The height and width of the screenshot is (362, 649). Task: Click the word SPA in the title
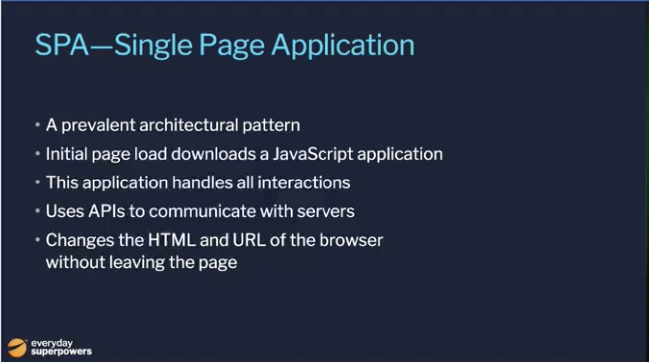click(62, 45)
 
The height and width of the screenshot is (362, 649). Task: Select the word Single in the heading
click(153, 46)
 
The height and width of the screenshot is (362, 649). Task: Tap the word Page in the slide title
click(232, 46)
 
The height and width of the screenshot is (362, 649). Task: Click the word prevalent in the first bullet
click(98, 126)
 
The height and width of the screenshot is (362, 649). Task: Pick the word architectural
click(189, 125)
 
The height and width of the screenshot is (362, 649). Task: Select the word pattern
click(271, 126)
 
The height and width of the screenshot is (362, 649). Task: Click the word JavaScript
click(313, 154)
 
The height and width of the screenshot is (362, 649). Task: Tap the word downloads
click(213, 154)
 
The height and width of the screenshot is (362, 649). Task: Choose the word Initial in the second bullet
click(66, 154)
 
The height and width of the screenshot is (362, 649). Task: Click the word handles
click(202, 182)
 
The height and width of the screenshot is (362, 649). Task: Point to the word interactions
click(304, 182)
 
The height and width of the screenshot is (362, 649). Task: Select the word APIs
click(107, 211)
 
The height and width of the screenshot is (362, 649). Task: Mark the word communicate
click(202, 211)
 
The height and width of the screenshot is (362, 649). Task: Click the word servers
click(325, 212)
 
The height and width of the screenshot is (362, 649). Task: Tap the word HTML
click(172, 240)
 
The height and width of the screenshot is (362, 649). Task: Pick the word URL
click(249, 240)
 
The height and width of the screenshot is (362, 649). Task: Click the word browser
click(351, 240)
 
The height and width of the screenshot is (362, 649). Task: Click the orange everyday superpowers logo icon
click(17, 348)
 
